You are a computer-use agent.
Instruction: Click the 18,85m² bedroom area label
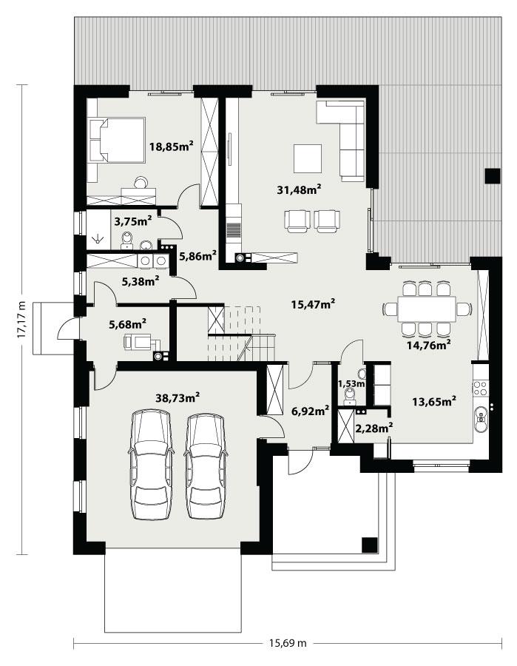[171, 147]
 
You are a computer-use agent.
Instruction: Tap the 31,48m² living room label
[298, 190]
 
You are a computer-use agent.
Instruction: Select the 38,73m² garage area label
[178, 397]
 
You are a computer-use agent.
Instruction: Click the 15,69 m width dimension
[285, 643]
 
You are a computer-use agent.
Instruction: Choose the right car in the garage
[206, 466]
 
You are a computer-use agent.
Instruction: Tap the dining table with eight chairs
[426, 309]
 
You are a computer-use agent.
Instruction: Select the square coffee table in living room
[308, 158]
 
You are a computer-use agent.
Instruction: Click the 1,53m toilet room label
[351, 383]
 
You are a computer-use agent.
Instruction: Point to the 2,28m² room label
[374, 426]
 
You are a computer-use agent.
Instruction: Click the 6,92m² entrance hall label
[309, 411]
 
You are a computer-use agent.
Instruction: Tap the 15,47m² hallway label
[314, 303]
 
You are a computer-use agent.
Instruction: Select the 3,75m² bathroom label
[133, 220]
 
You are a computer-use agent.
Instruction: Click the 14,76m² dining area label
[429, 343]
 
